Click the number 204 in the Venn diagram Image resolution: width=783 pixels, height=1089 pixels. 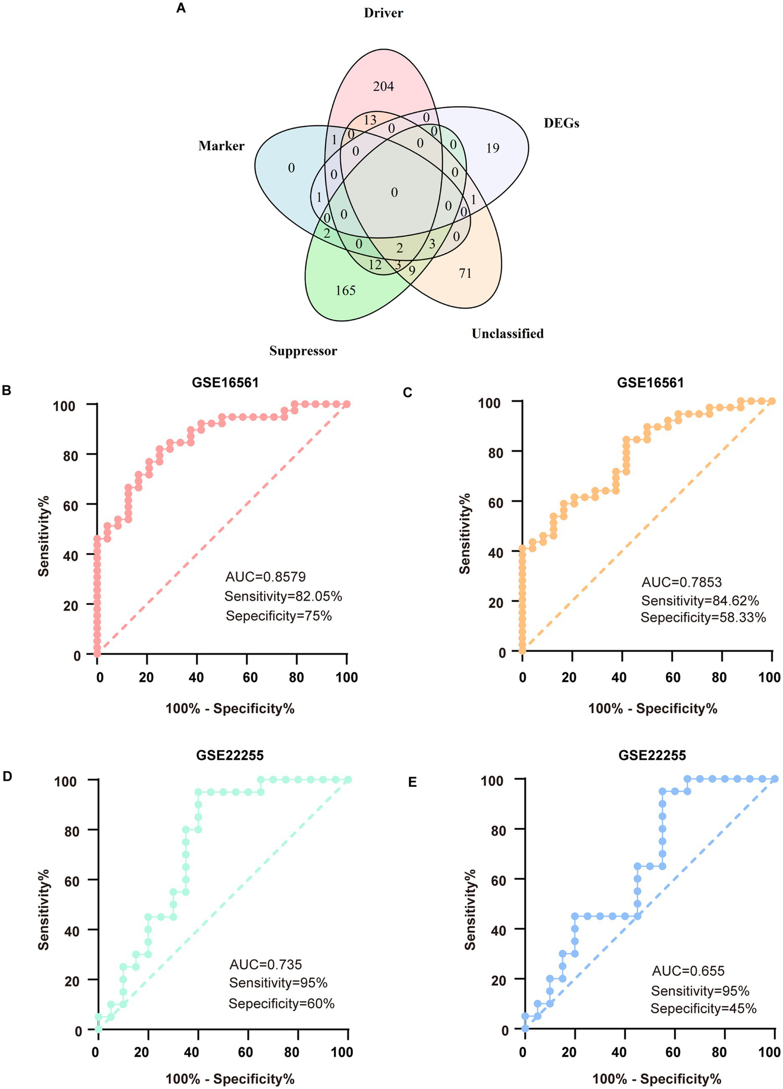(x=383, y=87)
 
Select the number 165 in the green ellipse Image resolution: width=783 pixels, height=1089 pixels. (x=345, y=291)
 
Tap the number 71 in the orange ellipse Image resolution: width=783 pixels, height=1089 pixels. (x=465, y=274)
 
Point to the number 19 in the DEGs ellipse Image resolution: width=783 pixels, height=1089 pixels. (x=492, y=149)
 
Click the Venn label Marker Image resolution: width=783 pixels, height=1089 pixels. (x=221, y=146)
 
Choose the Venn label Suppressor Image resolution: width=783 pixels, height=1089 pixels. (x=303, y=351)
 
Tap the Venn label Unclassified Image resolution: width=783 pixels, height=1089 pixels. (x=508, y=333)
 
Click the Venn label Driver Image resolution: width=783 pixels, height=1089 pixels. (x=383, y=13)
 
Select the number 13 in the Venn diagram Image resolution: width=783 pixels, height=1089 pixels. (x=370, y=120)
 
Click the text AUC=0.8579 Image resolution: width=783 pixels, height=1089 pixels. (x=265, y=577)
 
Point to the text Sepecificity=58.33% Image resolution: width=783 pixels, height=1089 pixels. (x=703, y=618)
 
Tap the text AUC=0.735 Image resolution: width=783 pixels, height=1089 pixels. (x=265, y=964)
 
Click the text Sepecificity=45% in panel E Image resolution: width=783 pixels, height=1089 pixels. (x=703, y=1008)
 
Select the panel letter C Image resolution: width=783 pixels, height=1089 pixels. (x=407, y=392)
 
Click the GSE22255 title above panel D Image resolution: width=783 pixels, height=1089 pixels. (x=230, y=756)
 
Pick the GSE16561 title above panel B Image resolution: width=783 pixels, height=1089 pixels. (x=225, y=382)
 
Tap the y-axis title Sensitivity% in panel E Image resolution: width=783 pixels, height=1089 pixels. (x=470, y=909)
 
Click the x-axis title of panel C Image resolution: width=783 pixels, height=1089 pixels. (x=652, y=709)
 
